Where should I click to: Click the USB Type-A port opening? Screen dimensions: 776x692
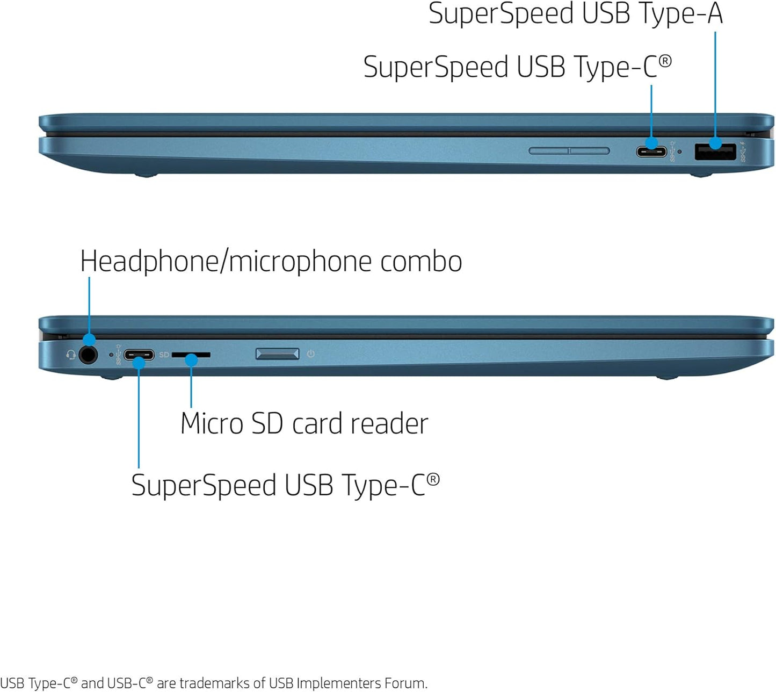tap(715, 152)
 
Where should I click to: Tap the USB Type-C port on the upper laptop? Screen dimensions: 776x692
tap(651, 152)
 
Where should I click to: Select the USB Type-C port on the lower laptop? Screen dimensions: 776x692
tap(139, 355)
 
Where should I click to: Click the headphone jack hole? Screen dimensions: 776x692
tap(88, 355)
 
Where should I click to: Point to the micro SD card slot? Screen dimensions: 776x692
tap(191, 355)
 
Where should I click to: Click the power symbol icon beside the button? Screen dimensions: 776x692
tap(310, 354)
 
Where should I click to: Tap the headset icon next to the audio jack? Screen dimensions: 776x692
tap(70, 355)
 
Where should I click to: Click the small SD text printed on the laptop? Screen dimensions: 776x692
tap(164, 355)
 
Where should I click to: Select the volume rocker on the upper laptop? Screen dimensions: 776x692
tap(569, 150)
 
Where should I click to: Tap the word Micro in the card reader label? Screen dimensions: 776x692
tap(212, 423)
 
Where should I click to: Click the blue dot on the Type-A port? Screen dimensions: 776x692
tap(715, 143)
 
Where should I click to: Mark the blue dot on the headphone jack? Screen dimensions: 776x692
tap(89, 340)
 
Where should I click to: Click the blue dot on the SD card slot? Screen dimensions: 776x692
tap(191, 360)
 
